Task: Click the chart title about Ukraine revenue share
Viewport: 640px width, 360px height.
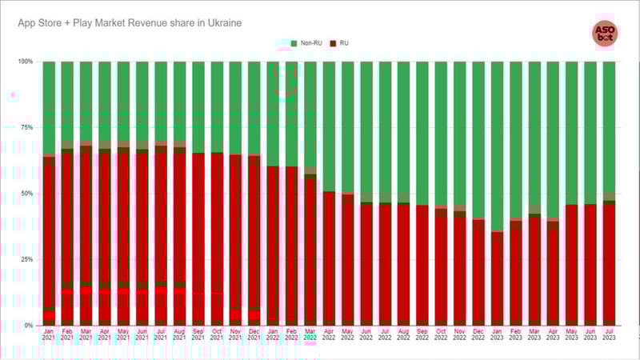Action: (x=130, y=23)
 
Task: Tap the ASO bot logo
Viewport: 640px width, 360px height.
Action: (x=604, y=34)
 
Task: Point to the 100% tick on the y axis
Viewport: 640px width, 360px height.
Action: (x=26, y=62)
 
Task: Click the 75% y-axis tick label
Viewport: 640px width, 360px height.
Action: (x=27, y=127)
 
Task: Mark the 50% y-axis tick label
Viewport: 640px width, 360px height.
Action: (x=27, y=194)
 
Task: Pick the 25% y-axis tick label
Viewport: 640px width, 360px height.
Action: (x=27, y=259)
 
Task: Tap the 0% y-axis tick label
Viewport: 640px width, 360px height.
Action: (x=29, y=326)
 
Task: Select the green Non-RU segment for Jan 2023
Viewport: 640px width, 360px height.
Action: (x=497, y=144)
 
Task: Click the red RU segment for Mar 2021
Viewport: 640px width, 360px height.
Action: (x=86, y=216)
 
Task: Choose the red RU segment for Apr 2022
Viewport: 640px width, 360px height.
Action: (x=329, y=256)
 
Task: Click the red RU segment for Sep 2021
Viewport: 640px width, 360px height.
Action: (x=198, y=224)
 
